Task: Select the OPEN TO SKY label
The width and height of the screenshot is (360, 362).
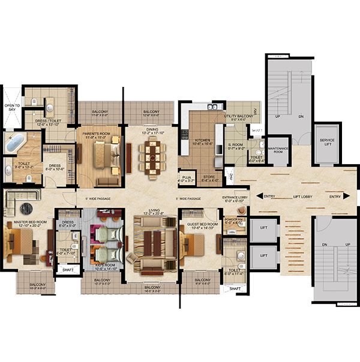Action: pos(12,107)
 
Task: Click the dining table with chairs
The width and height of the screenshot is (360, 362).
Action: pos(151,158)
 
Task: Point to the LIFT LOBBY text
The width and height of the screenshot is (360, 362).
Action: pos(300,196)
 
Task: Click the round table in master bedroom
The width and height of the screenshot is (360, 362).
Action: pos(27,208)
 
